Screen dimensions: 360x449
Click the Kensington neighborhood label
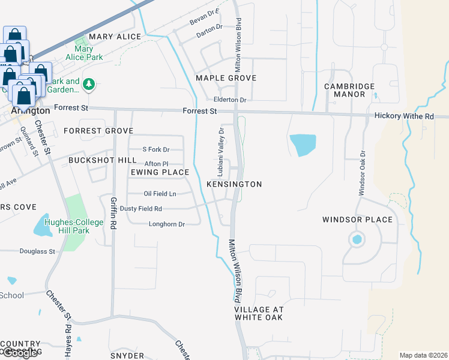[234, 184]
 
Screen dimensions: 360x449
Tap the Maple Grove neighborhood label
[226, 78]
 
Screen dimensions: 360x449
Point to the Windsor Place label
[357, 220]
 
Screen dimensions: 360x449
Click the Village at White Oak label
[258, 313]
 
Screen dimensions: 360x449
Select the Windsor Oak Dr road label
[362, 172]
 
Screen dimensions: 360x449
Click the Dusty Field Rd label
[141, 209]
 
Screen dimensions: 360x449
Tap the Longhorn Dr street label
[166, 224]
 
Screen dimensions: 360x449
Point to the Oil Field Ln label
[160, 193]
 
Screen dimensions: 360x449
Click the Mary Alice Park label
[88, 53]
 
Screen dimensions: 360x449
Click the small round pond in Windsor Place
[357, 240]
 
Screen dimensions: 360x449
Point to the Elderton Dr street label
[230, 100]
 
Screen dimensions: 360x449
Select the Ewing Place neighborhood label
[160, 172]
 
